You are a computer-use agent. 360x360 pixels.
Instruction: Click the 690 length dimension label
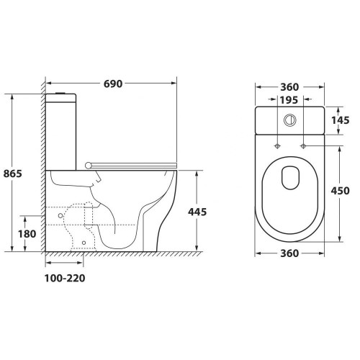tap(113, 84)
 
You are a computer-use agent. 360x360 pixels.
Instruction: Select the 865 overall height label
tap(12, 174)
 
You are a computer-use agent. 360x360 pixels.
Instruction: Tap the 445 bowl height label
tap(197, 212)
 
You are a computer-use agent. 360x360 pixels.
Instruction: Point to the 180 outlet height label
tap(27, 234)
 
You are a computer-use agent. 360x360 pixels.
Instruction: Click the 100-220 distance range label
tap(65, 278)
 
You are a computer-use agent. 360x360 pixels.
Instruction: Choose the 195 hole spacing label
tap(289, 100)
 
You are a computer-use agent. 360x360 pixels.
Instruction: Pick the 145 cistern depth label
tap(341, 120)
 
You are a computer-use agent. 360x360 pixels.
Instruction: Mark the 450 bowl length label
tap(341, 191)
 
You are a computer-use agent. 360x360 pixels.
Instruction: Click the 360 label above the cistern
tap(289, 87)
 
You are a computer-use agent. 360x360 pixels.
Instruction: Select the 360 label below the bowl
tap(289, 253)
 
